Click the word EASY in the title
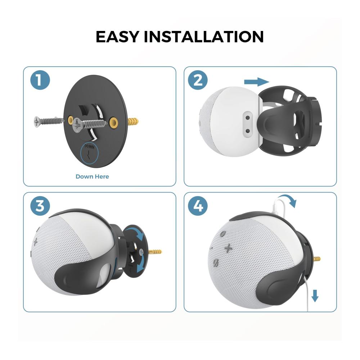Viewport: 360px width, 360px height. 117,36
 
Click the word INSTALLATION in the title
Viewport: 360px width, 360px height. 204,36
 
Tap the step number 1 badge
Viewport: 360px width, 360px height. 40,80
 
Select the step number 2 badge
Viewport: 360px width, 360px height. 198,80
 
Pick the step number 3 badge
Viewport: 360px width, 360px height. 40,206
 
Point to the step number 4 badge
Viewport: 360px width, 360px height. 198,206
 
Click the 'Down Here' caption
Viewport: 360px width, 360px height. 92,176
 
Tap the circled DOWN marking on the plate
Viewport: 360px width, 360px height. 89,154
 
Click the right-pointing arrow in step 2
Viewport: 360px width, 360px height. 256,82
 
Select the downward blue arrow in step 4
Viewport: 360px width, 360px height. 315,296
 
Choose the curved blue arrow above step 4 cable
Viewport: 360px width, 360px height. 287,199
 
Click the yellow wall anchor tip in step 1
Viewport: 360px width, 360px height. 133,121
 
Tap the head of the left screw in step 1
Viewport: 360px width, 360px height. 37,121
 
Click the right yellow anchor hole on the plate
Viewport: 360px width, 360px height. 114,122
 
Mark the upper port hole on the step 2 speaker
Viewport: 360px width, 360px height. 248,118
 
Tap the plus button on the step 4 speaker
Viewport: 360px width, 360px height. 228,248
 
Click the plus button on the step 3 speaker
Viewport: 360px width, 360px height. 35,242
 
